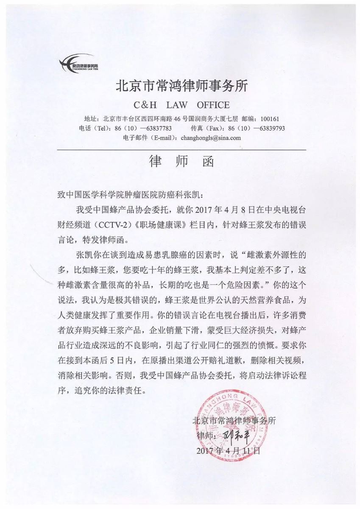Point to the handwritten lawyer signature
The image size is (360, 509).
point(236,435)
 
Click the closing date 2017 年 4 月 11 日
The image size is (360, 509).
point(228,450)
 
